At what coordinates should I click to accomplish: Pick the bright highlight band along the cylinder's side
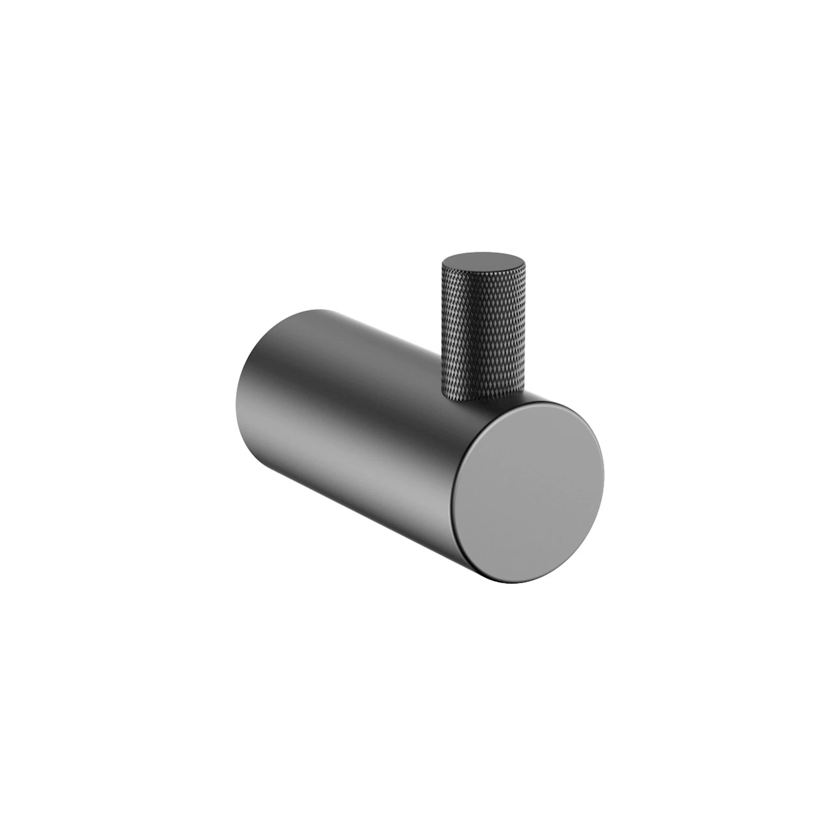(369, 456)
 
